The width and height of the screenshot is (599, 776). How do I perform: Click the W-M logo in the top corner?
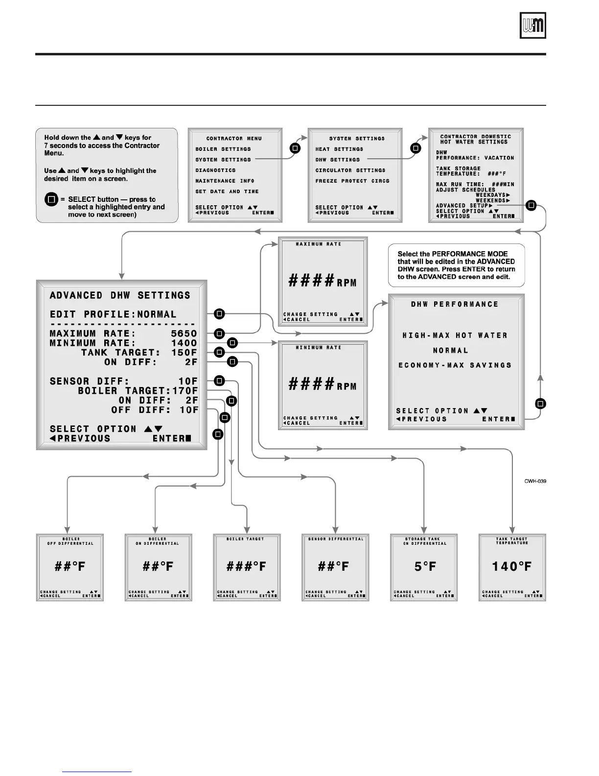click(x=532, y=25)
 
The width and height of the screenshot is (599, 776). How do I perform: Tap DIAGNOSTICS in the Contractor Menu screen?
click(x=215, y=170)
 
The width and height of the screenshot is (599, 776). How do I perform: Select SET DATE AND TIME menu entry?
click(x=227, y=192)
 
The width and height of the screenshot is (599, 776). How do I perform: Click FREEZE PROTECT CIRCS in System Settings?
click(x=352, y=181)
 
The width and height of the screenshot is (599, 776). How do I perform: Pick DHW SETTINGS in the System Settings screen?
click(x=337, y=160)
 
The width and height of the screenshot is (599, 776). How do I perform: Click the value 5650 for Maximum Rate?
click(x=184, y=334)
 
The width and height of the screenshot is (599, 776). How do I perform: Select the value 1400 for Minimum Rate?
click(x=184, y=343)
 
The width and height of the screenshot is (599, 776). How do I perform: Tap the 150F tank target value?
click(x=184, y=353)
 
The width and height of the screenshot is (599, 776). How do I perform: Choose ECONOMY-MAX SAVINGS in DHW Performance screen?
click(x=455, y=365)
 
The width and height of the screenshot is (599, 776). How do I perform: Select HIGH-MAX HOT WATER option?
click(x=455, y=336)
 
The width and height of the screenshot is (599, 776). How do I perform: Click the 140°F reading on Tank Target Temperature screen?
click(x=512, y=567)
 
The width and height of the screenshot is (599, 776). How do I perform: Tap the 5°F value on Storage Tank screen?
click(x=424, y=567)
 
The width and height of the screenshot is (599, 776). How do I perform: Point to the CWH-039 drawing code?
click(x=535, y=481)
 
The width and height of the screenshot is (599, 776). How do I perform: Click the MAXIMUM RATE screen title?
click(x=319, y=244)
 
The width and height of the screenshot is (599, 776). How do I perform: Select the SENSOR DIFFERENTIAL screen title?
click(x=336, y=539)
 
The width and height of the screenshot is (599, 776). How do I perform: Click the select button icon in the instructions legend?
click(x=51, y=200)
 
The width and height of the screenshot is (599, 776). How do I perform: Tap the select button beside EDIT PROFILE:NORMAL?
click(x=220, y=314)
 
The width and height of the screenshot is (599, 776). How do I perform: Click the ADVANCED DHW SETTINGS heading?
click(x=120, y=295)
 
